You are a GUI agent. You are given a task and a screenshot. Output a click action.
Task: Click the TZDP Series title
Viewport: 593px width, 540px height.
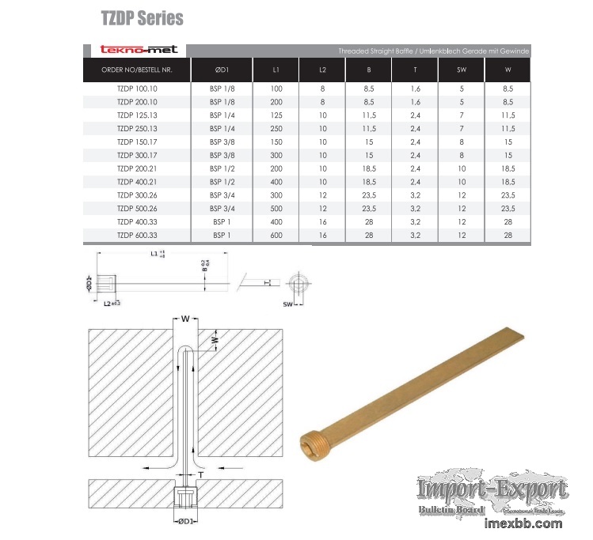142,17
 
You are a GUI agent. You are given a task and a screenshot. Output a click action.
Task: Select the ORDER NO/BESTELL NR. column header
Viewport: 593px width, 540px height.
136,70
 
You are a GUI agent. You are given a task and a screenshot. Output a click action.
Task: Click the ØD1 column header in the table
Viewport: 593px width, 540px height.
222,70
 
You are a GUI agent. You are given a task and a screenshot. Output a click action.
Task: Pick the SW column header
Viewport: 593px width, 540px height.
462,70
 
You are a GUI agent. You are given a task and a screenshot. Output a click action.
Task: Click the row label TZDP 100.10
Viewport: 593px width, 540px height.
137,89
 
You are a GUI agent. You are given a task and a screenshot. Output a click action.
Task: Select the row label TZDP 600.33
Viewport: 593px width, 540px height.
137,235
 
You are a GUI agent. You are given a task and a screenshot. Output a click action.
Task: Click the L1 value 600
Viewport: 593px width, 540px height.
276,235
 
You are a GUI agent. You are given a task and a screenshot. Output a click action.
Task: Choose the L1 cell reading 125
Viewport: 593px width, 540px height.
276,115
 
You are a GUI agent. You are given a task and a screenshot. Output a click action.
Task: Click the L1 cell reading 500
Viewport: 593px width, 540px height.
276,209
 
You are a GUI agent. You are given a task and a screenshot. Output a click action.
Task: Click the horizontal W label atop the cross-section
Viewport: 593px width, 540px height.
184,319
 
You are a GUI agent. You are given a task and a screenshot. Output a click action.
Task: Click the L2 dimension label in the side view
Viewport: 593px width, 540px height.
108,303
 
